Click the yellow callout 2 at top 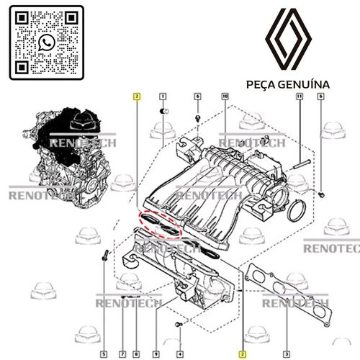coord(135,96)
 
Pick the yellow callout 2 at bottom coord(243,354)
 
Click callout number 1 coord(163,96)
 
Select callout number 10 coord(225,96)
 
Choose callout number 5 coord(104,354)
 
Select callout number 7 coord(122,354)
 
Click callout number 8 coord(135,354)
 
